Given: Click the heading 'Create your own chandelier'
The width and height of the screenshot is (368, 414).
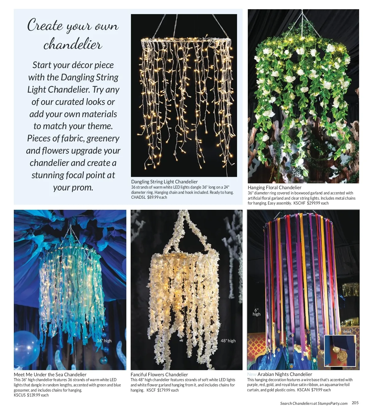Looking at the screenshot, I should click(73, 34).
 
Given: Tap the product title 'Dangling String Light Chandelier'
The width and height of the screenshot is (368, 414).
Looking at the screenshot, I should click(164, 182).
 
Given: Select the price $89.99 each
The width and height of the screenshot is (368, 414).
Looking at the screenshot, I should click(157, 197).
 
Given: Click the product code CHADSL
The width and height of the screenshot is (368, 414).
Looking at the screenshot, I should click(138, 197).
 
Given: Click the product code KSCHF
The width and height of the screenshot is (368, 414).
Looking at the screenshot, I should click(299, 203).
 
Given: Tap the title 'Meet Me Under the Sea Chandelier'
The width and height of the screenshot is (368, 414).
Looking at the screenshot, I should click(50, 375).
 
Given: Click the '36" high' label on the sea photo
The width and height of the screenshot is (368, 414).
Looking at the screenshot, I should click(104, 341).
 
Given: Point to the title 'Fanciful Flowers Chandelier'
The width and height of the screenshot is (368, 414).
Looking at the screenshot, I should click(159, 375).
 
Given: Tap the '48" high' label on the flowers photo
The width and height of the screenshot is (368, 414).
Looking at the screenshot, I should click(228, 341).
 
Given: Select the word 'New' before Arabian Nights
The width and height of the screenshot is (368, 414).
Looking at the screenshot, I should click(252, 374).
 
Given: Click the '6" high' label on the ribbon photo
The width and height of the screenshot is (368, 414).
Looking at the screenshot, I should click(256, 312).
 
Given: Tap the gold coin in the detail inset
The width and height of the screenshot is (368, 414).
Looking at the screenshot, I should click(342, 356).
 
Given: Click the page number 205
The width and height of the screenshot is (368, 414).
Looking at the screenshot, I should click(355, 403).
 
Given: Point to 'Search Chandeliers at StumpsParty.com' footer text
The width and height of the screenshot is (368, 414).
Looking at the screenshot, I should click(314, 404).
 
